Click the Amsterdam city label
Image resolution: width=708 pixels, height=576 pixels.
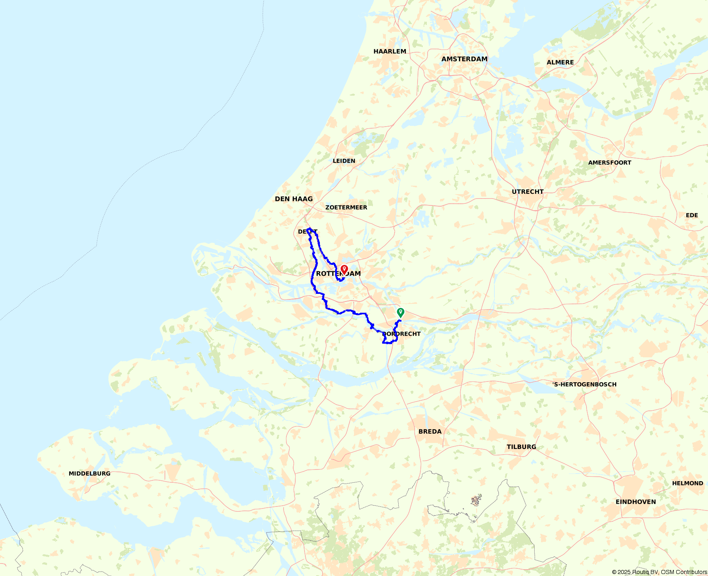tap(464, 59)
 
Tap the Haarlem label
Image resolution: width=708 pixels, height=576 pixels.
tap(389, 51)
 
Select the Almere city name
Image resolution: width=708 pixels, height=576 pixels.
tap(560, 62)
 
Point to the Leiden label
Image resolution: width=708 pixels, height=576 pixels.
tap(344, 161)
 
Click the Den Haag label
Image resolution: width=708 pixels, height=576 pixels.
tap(294, 199)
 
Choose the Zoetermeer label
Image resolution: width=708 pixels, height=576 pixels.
tap(346, 207)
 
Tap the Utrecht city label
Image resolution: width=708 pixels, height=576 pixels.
tap(527, 192)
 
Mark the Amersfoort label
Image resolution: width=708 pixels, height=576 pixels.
tap(609, 163)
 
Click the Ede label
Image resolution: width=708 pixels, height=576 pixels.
tap(692, 215)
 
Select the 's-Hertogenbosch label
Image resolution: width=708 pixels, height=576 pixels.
tap(584, 385)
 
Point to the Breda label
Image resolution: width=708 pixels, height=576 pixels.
tap(430, 432)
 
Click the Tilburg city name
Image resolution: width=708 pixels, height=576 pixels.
tap(521, 447)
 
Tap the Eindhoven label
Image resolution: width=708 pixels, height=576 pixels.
tap(636, 502)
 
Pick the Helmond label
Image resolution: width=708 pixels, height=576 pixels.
tap(687, 484)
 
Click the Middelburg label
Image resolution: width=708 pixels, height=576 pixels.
tap(89, 474)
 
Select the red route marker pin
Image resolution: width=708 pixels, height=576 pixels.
tap(344, 269)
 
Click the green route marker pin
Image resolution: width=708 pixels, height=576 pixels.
tap(400, 312)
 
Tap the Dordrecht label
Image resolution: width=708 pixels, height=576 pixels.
tap(401, 334)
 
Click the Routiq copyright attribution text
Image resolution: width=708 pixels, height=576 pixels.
tap(659, 572)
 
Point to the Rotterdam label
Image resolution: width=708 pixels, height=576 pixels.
tap(338, 274)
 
